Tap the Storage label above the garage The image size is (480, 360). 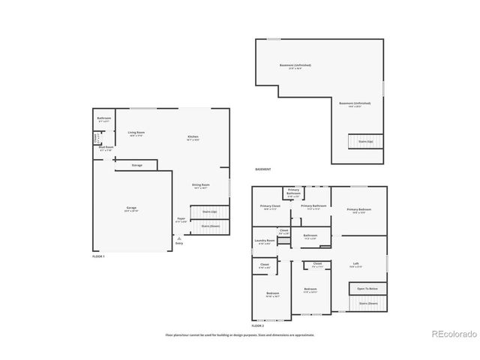[136, 165]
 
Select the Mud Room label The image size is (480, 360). [106, 148]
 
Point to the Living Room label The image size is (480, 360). [136, 133]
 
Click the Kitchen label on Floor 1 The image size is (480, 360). [193, 138]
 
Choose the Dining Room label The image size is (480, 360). [200, 187]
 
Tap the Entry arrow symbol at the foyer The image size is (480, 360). [178, 238]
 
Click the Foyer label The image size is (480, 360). [181, 221]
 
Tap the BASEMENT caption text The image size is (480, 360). [263, 169]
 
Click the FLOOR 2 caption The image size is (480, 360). [258, 326]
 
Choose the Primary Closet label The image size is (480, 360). [270, 207]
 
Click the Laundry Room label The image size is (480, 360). [265, 241]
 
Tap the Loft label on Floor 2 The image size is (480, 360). [355, 264]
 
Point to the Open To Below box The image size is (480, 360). [367, 289]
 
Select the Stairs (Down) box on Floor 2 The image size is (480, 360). [367, 304]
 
